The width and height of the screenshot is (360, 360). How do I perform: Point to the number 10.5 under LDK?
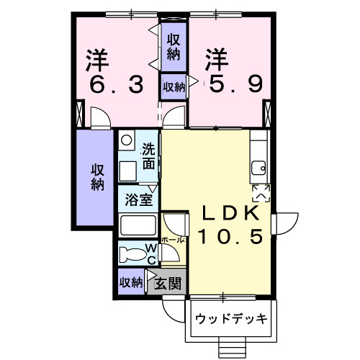[226, 235]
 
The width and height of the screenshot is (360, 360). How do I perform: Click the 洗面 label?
[148, 157]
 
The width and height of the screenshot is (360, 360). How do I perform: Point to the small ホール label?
[174, 238]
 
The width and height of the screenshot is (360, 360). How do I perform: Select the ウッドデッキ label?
[230, 318]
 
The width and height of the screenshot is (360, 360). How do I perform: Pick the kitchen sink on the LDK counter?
[258, 170]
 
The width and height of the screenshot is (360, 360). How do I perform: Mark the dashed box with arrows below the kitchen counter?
[260, 192]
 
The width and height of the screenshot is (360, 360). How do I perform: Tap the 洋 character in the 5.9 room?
[214, 58]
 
